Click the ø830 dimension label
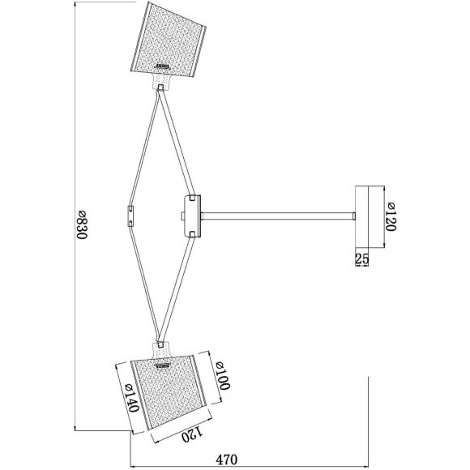click(x=82, y=224)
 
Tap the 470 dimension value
click(x=226, y=459)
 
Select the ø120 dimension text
click(x=391, y=216)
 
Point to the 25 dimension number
click(x=361, y=258)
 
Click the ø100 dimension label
click(x=223, y=375)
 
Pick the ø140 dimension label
click(x=131, y=397)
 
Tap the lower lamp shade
click(x=171, y=391)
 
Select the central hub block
click(x=193, y=216)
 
